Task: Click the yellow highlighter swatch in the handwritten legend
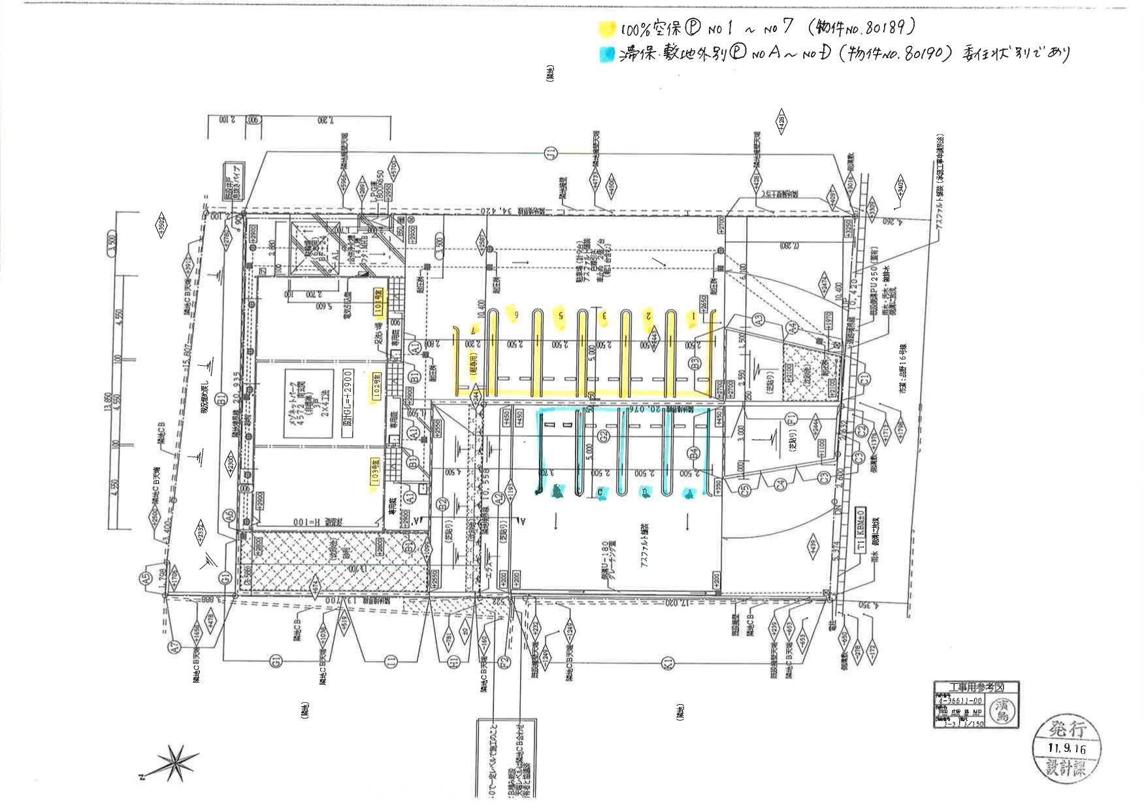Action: pyautogui.click(x=607, y=29)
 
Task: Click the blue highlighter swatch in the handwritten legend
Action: pyautogui.click(x=607, y=54)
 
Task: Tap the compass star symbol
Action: pyautogui.click(x=174, y=763)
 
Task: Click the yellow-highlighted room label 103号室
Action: pyautogui.click(x=376, y=473)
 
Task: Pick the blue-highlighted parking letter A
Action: pyautogui.click(x=688, y=493)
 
